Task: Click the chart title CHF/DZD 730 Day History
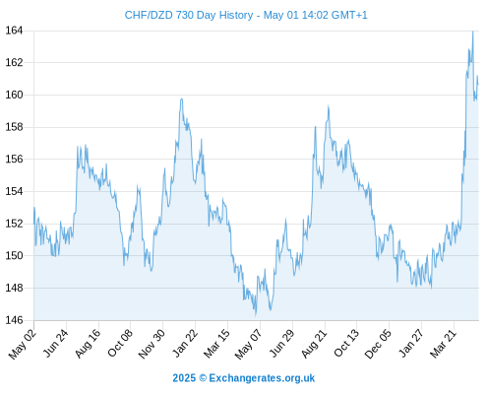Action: point(189,15)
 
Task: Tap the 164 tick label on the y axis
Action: point(14,31)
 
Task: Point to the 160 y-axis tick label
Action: point(14,95)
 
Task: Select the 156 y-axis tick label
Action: point(14,160)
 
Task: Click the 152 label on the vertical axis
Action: point(14,224)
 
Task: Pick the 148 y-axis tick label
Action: point(14,288)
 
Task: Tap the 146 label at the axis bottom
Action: point(14,320)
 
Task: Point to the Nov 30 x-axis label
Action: point(152,344)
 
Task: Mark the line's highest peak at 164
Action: point(472,32)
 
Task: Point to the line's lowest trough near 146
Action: point(256,315)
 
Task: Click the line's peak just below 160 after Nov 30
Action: point(181,98)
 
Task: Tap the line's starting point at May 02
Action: point(33,208)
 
